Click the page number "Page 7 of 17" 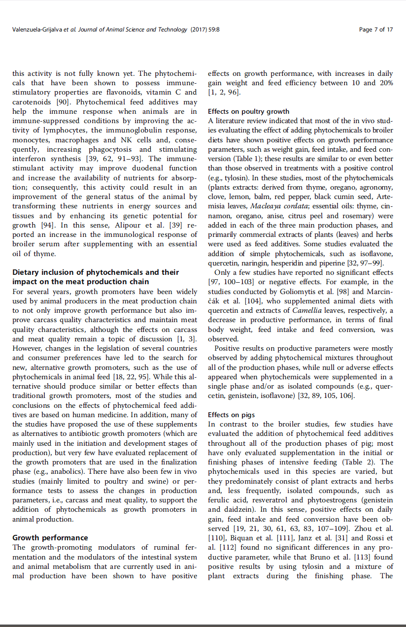click(376, 30)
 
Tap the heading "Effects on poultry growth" click(248, 111)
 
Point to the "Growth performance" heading click(50, 537)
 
